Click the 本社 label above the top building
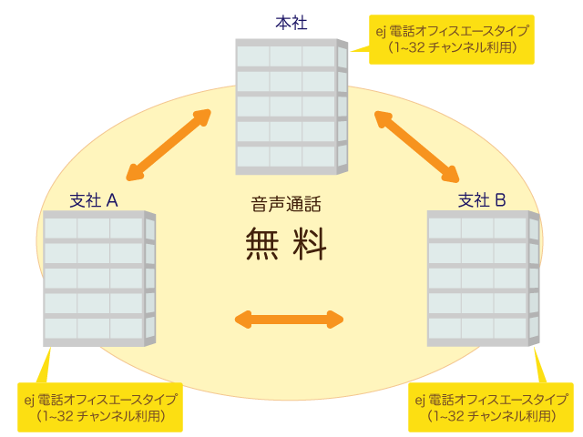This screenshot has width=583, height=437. click(x=291, y=23)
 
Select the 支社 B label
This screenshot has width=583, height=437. click(x=481, y=199)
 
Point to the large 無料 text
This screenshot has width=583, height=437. click(x=286, y=244)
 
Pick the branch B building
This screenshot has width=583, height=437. click(x=483, y=278)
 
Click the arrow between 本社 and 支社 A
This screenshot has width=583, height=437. click(x=169, y=145)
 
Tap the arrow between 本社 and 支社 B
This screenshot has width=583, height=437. click(x=416, y=145)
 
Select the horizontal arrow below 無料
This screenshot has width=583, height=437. click(x=289, y=319)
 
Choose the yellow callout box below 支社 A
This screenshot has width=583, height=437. click(x=101, y=407)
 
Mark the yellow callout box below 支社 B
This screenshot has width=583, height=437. click(x=491, y=407)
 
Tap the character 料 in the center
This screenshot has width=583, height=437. click(x=310, y=244)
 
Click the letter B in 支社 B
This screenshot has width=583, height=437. click(x=499, y=199)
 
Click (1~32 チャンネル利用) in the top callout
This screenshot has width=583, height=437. click(x=452, y=47)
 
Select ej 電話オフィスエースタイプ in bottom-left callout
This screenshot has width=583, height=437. click(x=101, y=399)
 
